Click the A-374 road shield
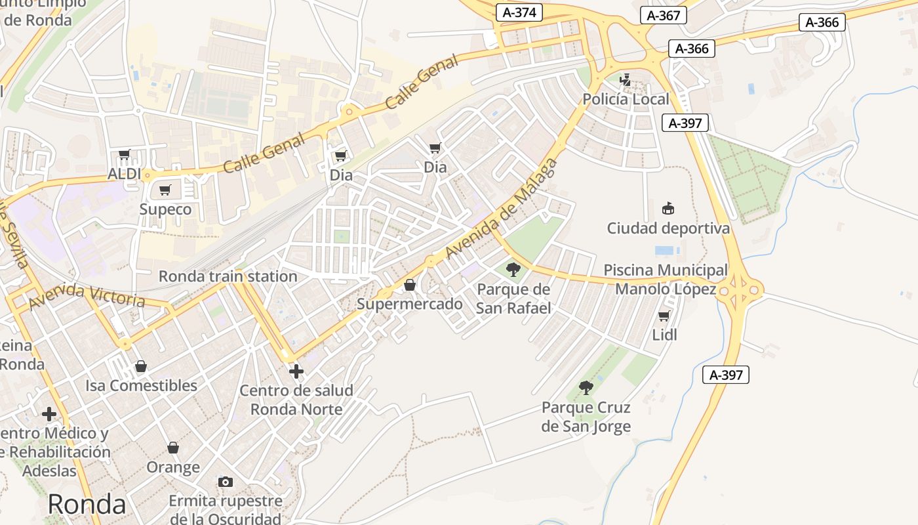pyautogui.click(x=518, y=12)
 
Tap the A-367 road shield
pyautogui.click(x=664, y=15)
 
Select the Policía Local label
pyautogui.click(x=626, y=99)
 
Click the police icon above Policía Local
pyautogui.click(x=626, y=81)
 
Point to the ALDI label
pyautogui.click(x=125, y=174)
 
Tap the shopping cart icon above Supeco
pyautogui.click(x=165, y=190)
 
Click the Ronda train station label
pyautogui.click(x=228, y=276)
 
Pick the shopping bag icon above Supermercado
pyautogui.click(x=410, y=285)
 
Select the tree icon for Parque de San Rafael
pyautogui.click(x=513, y=269)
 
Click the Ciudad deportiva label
pyautogui.click(x=668, y=228)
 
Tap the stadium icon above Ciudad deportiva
pyautogui.click(x=668, y=209)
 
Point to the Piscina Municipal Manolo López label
pyautogui.click(x=666, y=280)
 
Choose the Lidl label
pyautogui.click(x=664, y=335)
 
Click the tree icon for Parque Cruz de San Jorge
pyautogui.click(x=586, y=388)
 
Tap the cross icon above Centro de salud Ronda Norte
pyautogui.click(x=296, y=371)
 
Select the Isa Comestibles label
pyautogui.click(x=141, y=385)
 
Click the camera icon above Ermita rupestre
pyautogui.click(x=226, y=482)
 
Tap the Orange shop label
pyautogui.click(x=173, y=467)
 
